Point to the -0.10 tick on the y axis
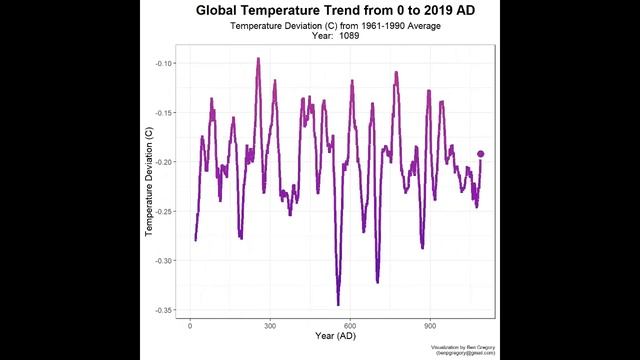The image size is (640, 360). (x=165, y=63)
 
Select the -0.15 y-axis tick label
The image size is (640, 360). (x=165, y=112)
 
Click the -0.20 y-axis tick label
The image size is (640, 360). (x=165, y=161)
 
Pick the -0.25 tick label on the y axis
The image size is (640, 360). (x=165, y=211)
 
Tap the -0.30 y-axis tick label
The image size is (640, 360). (x=165, y=260)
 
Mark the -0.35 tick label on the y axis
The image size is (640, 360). (x=165, y=309)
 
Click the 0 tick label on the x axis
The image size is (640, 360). (x=190, y=325)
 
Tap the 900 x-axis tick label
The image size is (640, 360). (x=430, y=325)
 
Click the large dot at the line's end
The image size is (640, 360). (x=481, y=154)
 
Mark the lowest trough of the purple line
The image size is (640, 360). (x=338, y=304)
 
